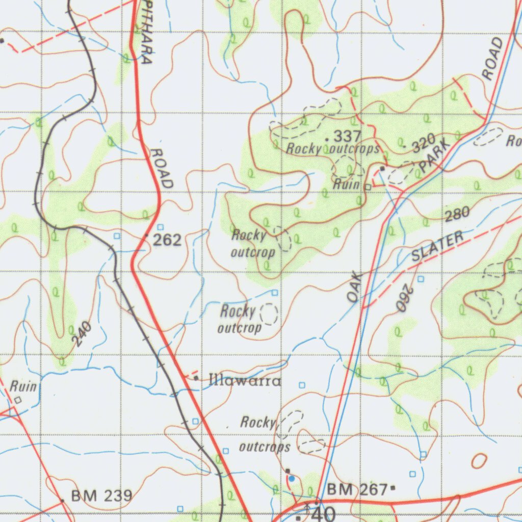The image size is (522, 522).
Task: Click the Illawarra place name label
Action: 245,380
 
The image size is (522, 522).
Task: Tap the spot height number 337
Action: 348,136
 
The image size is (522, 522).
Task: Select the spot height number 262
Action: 167,240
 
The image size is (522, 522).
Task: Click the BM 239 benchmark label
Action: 101,495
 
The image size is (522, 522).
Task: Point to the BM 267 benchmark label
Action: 357,490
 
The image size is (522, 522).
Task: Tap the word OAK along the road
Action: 355,288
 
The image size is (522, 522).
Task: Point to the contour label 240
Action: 82,335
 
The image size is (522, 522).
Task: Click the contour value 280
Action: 457,215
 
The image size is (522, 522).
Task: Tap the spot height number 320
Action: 424,143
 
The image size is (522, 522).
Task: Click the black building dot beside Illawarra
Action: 196,378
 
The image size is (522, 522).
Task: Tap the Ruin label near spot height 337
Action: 347,184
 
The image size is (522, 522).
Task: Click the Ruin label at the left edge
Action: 23,386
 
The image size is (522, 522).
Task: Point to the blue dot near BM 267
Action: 291,479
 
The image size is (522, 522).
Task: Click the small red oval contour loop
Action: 479,461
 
